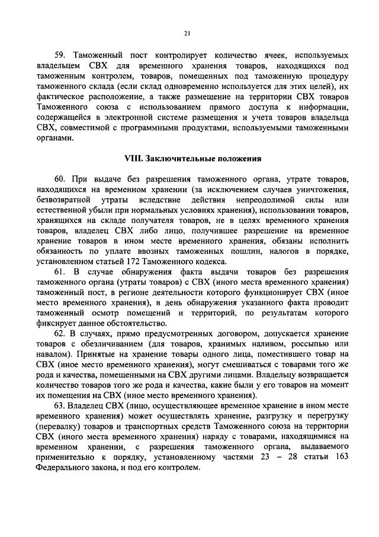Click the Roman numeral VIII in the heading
point(131,158)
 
